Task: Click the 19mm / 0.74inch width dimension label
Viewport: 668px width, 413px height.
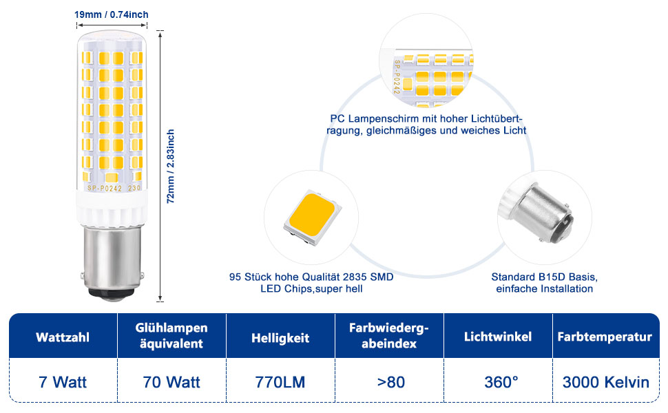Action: point(111,14)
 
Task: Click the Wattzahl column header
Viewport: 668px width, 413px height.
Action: point(63,338)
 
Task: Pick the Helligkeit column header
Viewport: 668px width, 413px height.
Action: point(280,338)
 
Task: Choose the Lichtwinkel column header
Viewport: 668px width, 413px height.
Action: point(498,337)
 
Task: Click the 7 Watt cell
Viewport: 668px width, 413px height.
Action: point(63,381)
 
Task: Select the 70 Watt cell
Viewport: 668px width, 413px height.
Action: point(171,381)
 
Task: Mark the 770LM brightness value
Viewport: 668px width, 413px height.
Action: point(280,381)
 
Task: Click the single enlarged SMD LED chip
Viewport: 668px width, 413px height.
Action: point(312,216)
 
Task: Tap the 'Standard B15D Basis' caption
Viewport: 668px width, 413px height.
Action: point(544,282)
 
